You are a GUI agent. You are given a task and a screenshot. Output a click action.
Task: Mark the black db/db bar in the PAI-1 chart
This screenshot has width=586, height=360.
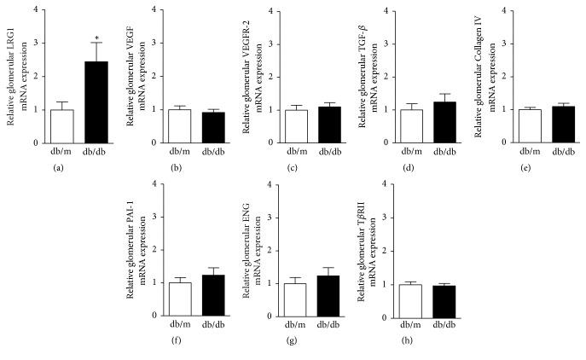[213, 296]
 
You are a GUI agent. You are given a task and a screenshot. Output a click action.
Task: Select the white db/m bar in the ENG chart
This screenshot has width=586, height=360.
[296, 299]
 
